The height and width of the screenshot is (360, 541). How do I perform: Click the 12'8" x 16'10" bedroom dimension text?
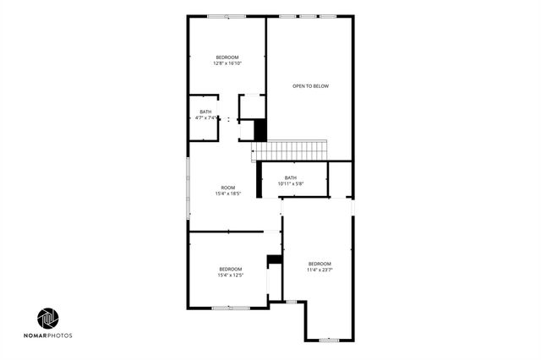(227, 63)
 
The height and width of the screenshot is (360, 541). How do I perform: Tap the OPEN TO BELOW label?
(309, 86)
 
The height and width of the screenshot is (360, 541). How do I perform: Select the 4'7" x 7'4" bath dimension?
(206, 118)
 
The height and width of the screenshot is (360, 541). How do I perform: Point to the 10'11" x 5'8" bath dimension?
(290, 183)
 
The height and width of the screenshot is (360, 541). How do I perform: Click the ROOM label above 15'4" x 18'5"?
(228, 188)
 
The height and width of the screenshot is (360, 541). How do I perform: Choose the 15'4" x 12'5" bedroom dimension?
(230, 275)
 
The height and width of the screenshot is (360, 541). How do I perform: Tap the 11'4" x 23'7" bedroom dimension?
(320, 270)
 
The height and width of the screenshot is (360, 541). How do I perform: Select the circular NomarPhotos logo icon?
(48, 319)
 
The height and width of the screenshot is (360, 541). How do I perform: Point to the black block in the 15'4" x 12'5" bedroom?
(274, 259)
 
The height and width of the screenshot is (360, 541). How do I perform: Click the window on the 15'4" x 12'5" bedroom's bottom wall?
(230, 308)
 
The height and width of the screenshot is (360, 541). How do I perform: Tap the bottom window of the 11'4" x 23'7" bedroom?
(328, 340)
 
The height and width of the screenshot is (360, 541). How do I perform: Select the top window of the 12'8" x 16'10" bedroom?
(227, 16)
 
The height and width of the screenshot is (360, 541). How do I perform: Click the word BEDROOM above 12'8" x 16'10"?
(227, 57)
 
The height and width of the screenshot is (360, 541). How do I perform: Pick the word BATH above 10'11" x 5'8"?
(290, 177)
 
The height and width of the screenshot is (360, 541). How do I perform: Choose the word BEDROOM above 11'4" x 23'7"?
(320, 264)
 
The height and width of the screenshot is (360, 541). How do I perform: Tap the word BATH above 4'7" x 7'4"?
(205, 112)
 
